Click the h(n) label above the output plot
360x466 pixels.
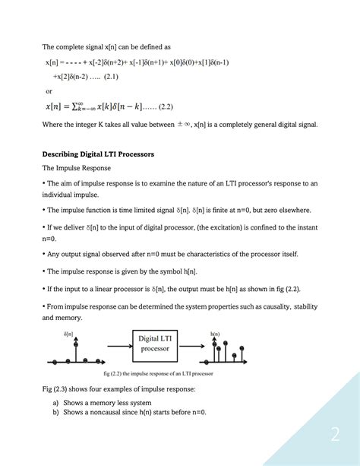215,333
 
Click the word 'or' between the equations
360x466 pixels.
50,90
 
